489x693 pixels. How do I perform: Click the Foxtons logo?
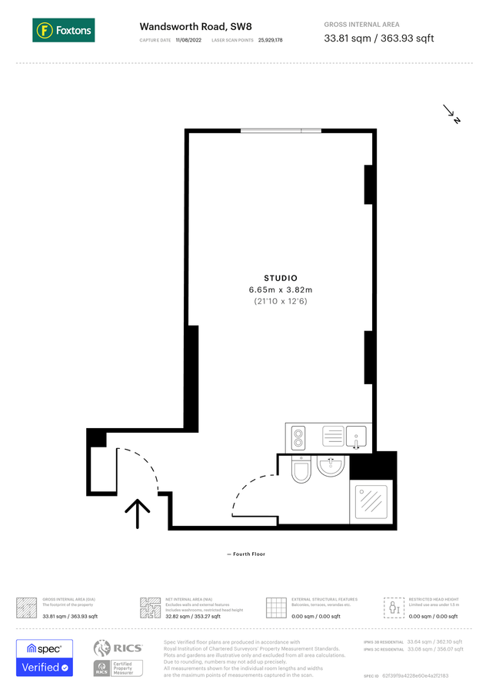point(64,31)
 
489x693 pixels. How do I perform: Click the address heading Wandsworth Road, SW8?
point(185,25)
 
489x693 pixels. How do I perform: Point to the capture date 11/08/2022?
point(188,40)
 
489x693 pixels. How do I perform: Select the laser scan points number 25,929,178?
point(271,40)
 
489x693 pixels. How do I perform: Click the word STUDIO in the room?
point(280,278)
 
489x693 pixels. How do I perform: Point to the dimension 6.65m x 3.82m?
point(280,290)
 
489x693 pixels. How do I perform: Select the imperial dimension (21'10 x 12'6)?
point(280,302)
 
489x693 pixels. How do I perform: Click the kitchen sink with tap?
point(357,437)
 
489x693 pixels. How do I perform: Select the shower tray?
point(372,503)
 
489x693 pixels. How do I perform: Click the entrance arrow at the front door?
point(138,513)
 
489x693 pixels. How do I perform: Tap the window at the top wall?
point(281,131)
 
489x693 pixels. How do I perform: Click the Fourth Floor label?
point(246,554)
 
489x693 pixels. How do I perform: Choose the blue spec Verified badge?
point(45,658)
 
